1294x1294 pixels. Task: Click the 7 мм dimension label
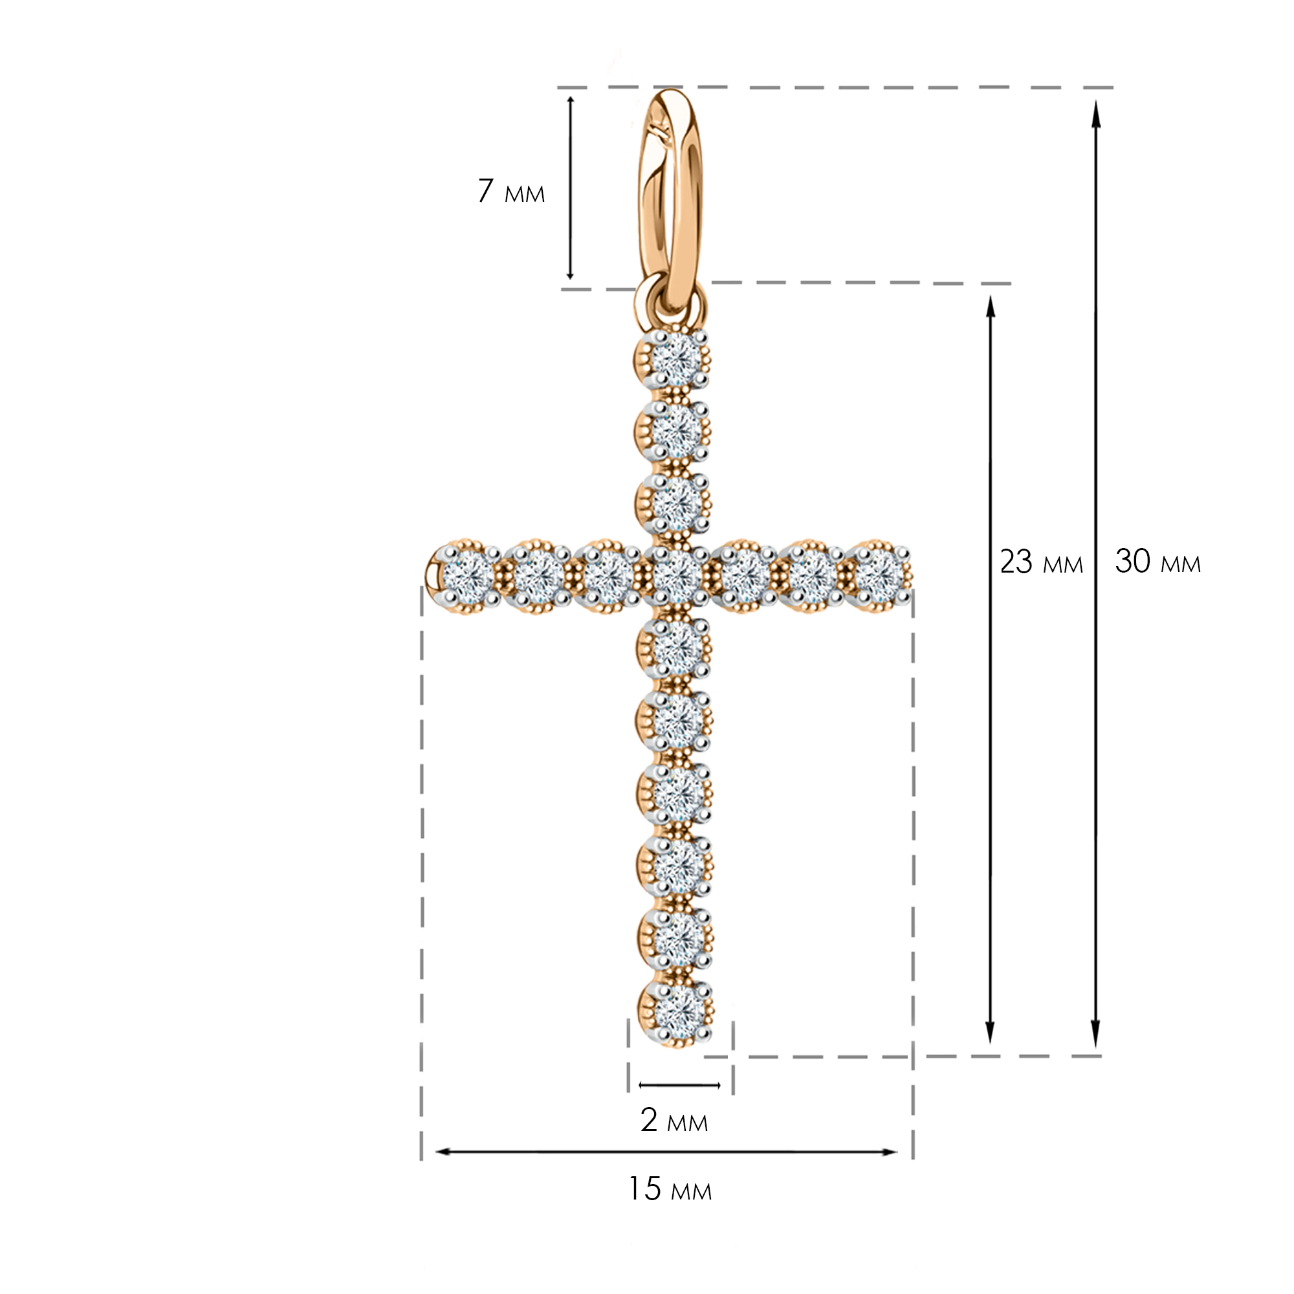(x=511, y=191)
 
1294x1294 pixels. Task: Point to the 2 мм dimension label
(x=674, y=1120)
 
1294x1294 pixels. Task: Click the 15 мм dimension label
(x=670, y=1189)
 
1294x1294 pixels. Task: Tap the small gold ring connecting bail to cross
(x=669, y=305)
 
